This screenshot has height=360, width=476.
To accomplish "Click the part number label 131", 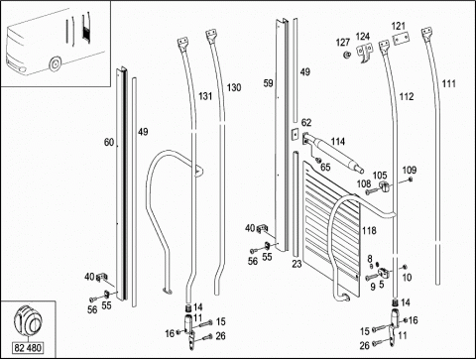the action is tap(205, 96).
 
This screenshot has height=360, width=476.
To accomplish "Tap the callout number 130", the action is tap(234, 87).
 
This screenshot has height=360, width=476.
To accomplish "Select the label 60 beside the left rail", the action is tap(109, 143).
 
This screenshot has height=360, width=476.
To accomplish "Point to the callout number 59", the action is tap(269, 83).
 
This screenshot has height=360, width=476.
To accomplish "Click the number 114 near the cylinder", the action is tap(338, 142).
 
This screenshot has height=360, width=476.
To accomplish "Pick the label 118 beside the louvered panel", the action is tap(369, 230).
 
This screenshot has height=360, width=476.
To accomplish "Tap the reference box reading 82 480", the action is tap(28, 348).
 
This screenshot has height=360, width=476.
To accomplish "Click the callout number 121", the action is tap(399, 26).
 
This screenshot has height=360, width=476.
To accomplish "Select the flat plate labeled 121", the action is tap(401, 38).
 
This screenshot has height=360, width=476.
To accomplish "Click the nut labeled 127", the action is tap(347, 55).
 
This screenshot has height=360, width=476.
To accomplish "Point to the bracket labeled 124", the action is tap(364, 53).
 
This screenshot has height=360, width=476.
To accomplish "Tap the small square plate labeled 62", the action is tap(294, 135).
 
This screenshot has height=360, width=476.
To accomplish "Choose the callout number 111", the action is tap(448, 83).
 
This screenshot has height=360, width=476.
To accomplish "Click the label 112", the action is tap(407, 96).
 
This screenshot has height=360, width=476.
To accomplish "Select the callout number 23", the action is tap(297, 264).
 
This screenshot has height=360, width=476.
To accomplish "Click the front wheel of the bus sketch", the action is tap(55, 63).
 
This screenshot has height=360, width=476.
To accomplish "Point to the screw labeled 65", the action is tap(318, 161).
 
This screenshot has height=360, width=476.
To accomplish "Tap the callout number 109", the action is tap(410, 171).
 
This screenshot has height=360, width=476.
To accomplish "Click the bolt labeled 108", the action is tap(371, 190).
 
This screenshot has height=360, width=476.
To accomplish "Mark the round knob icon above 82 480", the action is tap(28, 319).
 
